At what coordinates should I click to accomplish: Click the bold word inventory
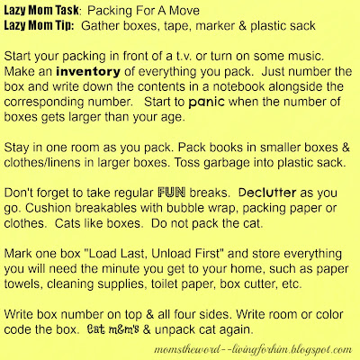pyautogui.click(x=88, y=72)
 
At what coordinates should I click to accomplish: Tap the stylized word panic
pyautogui.click(x=206, y=103)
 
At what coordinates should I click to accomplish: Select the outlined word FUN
pyautogui.click(x=172, y=193)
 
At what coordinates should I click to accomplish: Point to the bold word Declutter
pyautogui.click(x=267, y=193)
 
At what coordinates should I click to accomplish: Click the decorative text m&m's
pyautogui.click(x=123, y=329)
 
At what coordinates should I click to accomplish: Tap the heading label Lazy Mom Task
pyautogui.click(x=41, y=11)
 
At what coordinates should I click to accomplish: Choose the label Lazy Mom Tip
pyautogui.click(x=39, y=26)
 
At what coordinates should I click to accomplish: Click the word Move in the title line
pyautogui.click(x=184, y=11)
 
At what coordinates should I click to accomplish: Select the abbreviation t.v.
pyautogui.click(x=184, y=57)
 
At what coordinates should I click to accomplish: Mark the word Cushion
pyautogui.click(x=48, y=208)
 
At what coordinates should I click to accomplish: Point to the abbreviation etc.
pyautogui.click(x=292, y=284)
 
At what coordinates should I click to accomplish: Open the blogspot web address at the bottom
pyautogui.click(x=253, y=350)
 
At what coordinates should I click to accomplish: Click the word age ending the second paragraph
pyautogui.click(x=174, y=118)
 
